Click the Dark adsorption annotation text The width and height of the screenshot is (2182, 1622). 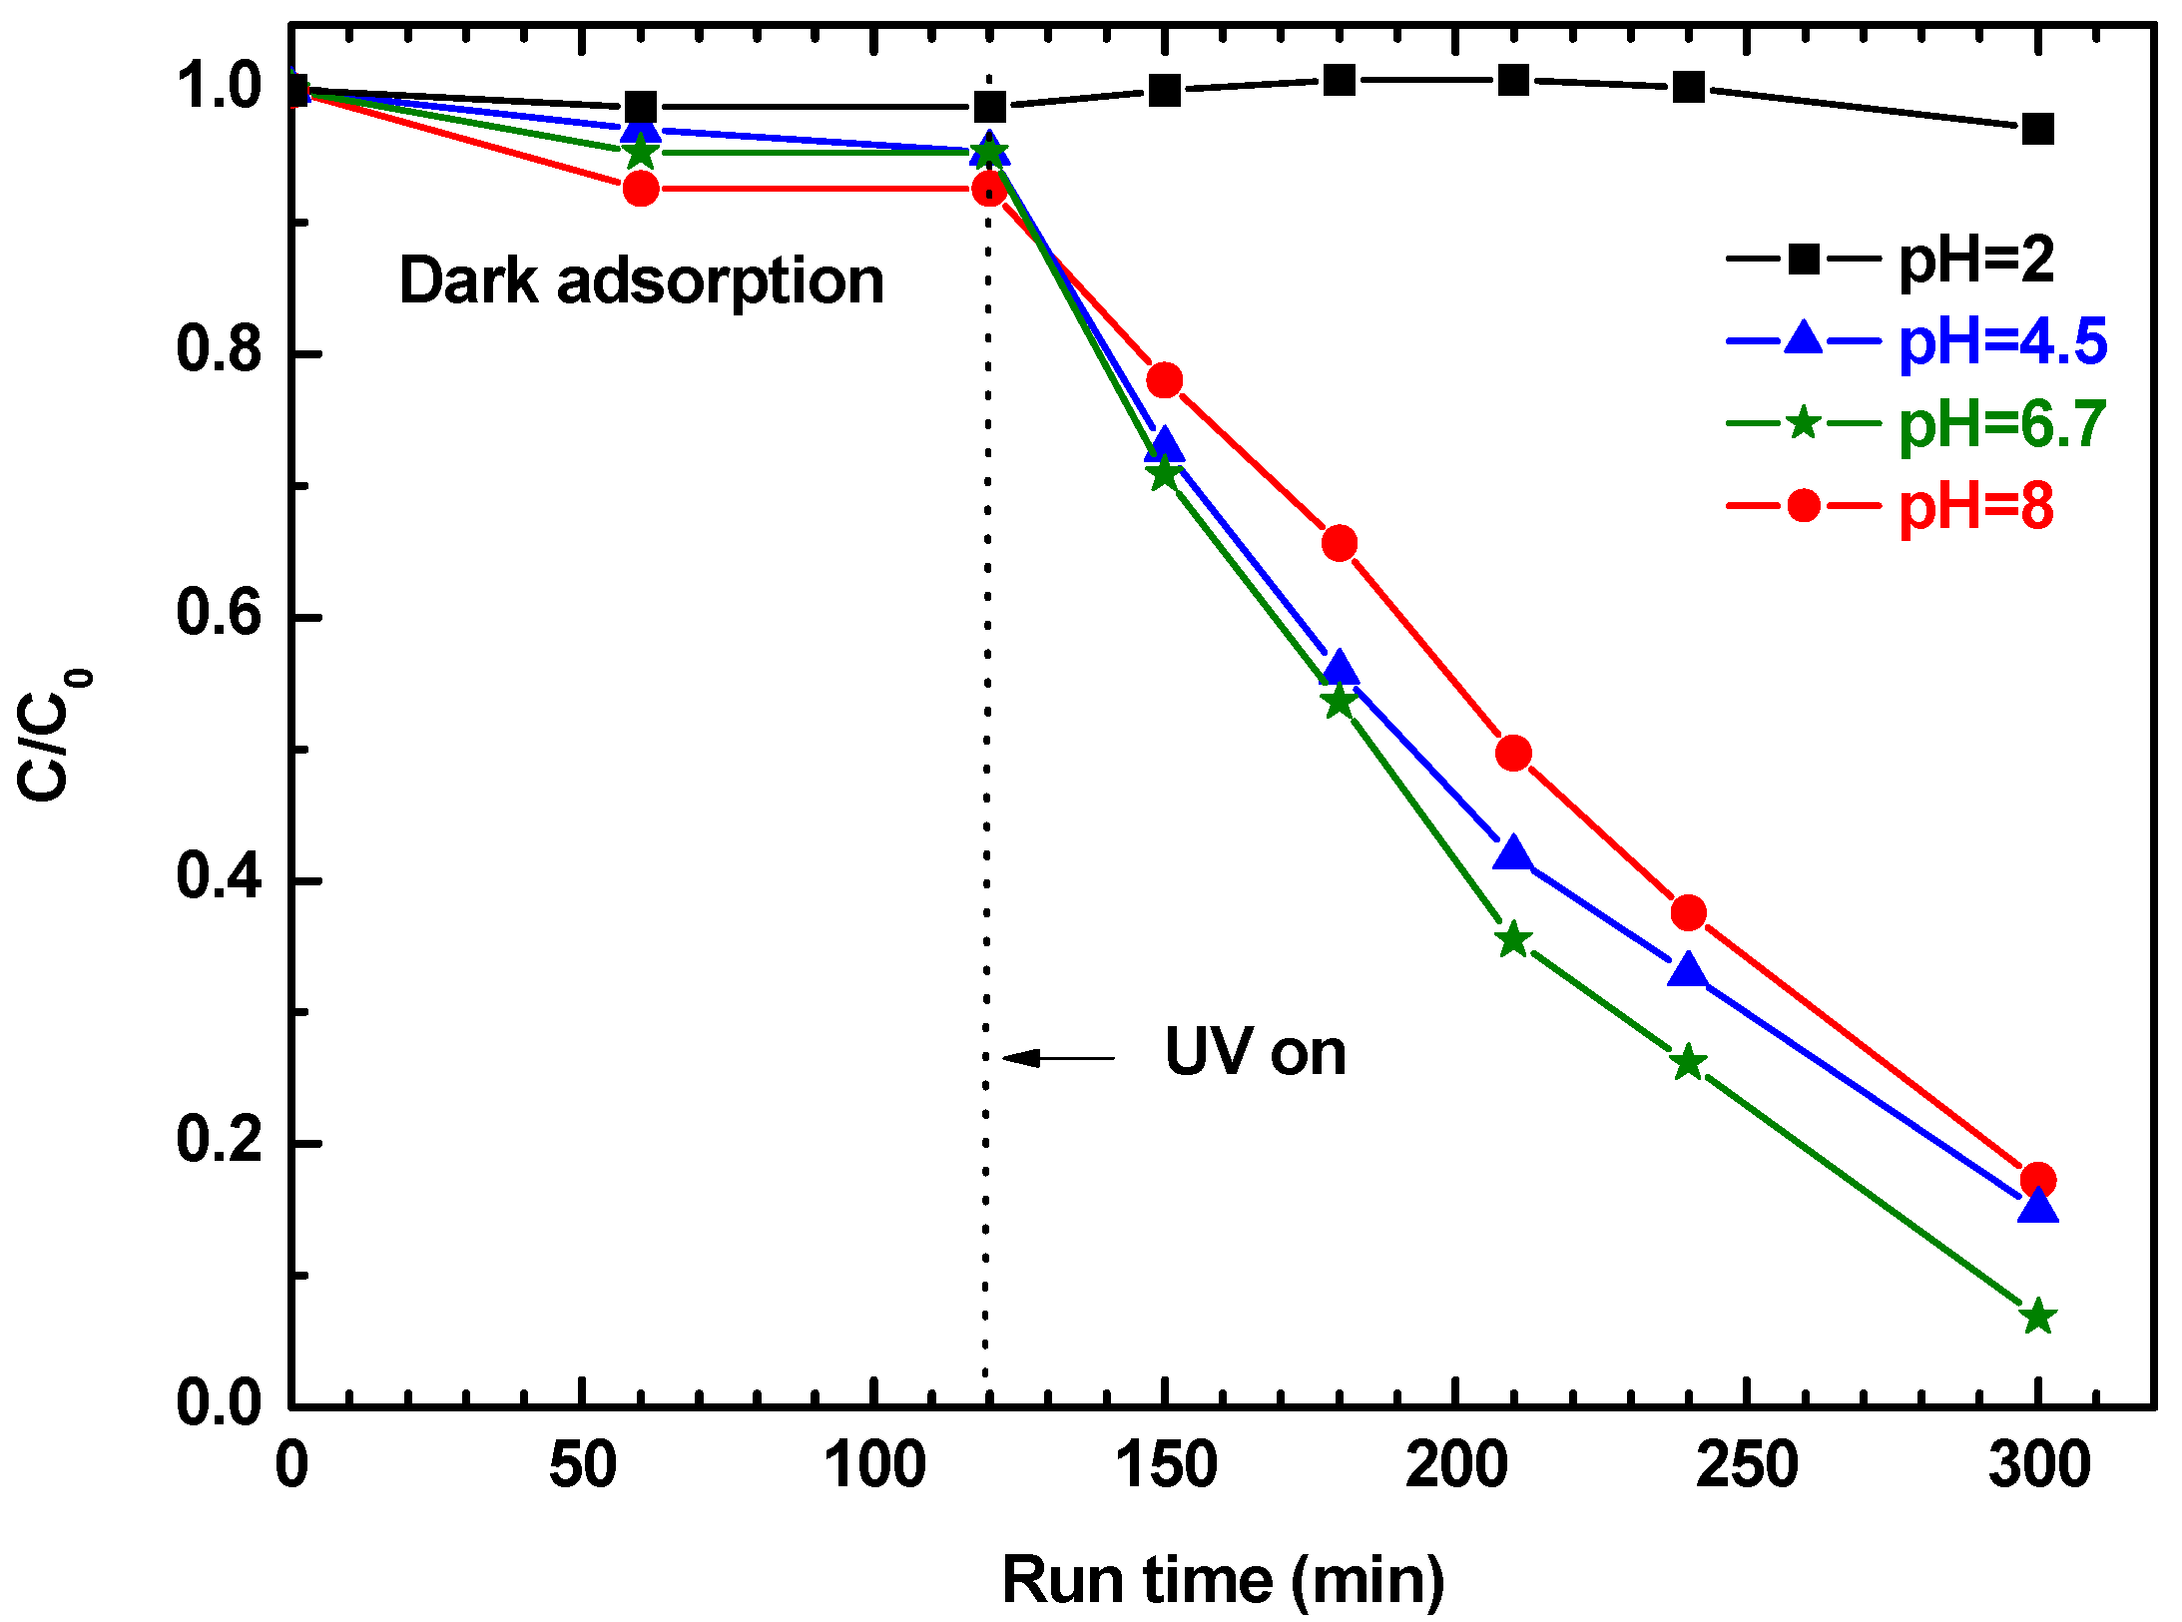641,280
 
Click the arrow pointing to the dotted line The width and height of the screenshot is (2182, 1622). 1058,1058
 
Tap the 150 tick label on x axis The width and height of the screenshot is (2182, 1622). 1165,1465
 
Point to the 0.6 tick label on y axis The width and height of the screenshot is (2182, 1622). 219,613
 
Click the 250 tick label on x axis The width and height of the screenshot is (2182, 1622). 1747,1465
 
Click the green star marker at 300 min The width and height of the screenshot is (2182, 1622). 2037,1317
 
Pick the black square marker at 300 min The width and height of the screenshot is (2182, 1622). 2037,129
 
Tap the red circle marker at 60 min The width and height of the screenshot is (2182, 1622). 641,188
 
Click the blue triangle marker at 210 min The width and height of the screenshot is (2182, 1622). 1513,853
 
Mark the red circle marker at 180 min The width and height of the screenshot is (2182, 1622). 1339,543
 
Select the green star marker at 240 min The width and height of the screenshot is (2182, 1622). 1688,1063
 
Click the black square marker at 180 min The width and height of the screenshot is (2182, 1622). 1339,80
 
